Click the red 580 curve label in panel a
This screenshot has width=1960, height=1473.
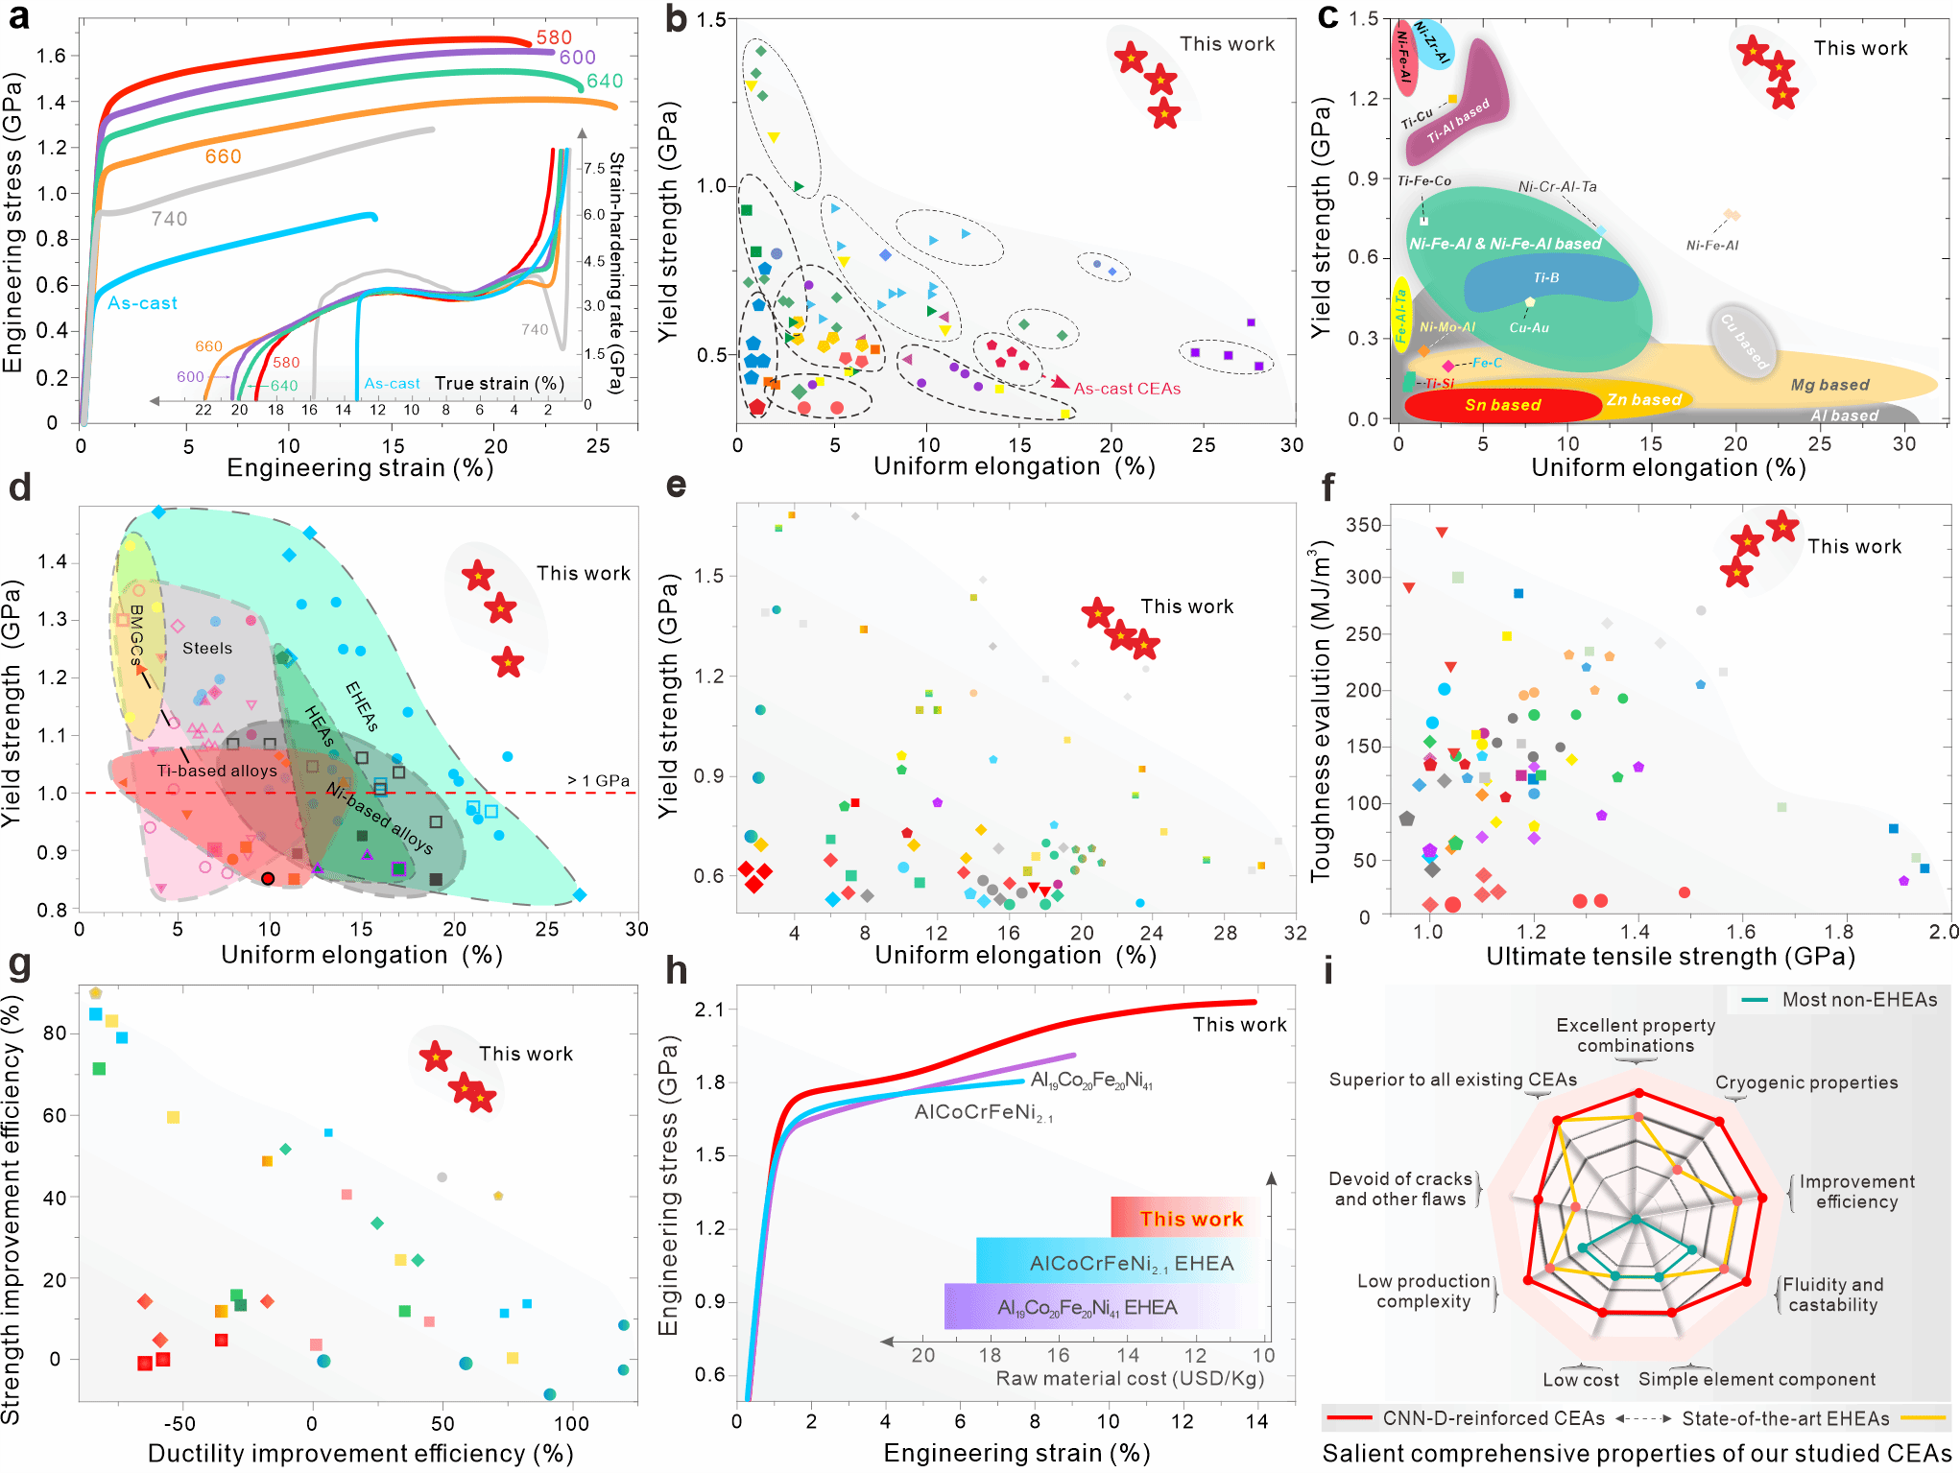click(x=554, y=37)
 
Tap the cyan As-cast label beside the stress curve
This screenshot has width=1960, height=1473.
click(x=142, y=303)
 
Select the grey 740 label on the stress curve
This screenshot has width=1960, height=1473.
click(x=169, y=220)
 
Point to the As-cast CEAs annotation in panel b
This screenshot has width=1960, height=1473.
click(x=1127, y=389)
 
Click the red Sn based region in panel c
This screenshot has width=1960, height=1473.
click(x=1502, y=405)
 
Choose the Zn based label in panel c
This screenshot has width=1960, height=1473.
click(x=1644, y=399)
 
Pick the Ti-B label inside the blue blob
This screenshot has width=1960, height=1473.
click(x=1546, y=278)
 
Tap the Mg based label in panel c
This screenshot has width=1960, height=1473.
click(x=1829, y=385)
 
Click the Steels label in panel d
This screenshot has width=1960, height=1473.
click(x=207, y=649)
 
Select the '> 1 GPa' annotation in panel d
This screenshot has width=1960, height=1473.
click(x=599, y=780)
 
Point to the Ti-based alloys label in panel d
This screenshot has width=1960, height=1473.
click(x=217, y=771)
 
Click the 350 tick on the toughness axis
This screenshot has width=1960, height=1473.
click(x=1363, y=525)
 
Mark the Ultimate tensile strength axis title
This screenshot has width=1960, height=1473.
click(x=1670, y=957)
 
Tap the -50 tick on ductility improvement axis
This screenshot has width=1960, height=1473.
click(x=179, y=1423)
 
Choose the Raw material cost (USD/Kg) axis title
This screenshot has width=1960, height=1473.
click(x=1130, y=1379)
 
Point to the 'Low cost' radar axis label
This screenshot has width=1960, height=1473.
click(x=1580, y=1380)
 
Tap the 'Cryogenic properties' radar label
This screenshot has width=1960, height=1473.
click(x=1806, y=1082)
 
